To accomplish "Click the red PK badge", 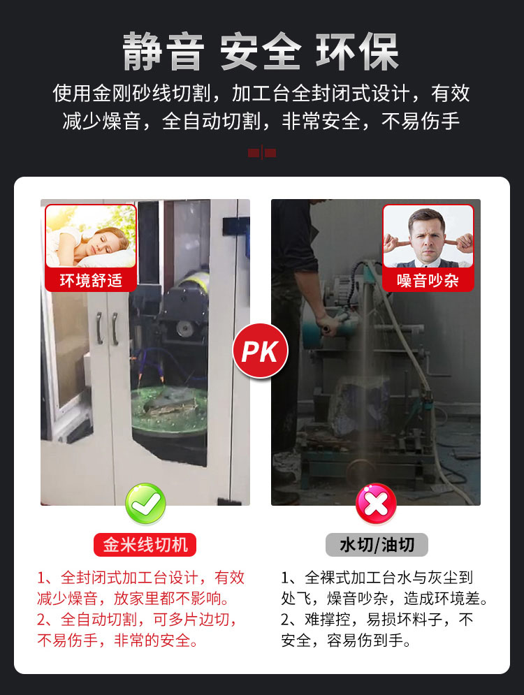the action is [x=260, y=351].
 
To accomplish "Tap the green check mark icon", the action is [x=145, y=504].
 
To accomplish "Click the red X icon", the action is [x=376, y=504].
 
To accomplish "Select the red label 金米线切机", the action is [x=145, y=545].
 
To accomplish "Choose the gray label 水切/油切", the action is [x=377, y=545].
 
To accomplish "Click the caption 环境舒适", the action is [x=91, y=281].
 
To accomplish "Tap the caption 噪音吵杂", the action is [x=428, y=281].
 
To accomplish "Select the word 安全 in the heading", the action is [x=261, y=52].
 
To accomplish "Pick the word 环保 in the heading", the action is [x=358, y=52].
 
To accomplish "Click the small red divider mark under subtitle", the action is [x=262, y=153].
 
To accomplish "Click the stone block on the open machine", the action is [x=361, y=401].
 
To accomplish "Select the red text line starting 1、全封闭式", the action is [x=140, y=578].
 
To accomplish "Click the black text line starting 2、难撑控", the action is [x=377, y=619].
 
